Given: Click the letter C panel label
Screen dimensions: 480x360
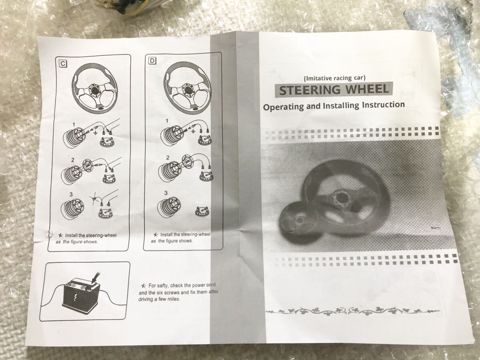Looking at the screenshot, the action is pyautogui.click(x=63, y=63).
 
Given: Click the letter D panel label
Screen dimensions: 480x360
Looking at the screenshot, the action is pyautogui.click(x=152, y=61).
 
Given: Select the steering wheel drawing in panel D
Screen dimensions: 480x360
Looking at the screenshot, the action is pyautogui.click(x=188, y=88).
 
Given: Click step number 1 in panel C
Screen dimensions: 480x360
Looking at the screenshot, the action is pyautogui.click(x=74, y=125).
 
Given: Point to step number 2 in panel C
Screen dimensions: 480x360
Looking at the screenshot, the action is pyautogui.click(x=73, y=160).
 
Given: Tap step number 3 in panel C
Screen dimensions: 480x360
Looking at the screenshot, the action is pyautogui.click(x=71, y=194).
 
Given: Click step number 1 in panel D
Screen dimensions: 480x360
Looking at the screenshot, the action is pyautogui.click(x=167, y=121).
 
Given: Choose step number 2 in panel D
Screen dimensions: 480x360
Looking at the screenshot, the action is pyautogui.click(x=167, y=158).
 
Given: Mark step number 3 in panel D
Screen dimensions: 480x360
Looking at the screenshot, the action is pyautogui.click(x=165, y=193).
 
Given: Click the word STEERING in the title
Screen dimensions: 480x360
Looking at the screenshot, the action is pyautogui.click(x=309, y=90).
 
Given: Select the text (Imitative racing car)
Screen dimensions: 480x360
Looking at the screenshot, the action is pyautogui.click(x=335, y=78).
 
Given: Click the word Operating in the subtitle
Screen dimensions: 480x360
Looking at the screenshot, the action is pyautogui.click(x=284, y=107).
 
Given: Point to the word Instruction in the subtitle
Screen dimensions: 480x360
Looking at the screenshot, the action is pyautogui.click(x=383, y=105).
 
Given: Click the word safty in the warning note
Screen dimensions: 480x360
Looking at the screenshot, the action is pyautogui.click(x=164, y=285).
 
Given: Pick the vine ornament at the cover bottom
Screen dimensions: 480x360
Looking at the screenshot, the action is pyautogui.click(x=353, y=311).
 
